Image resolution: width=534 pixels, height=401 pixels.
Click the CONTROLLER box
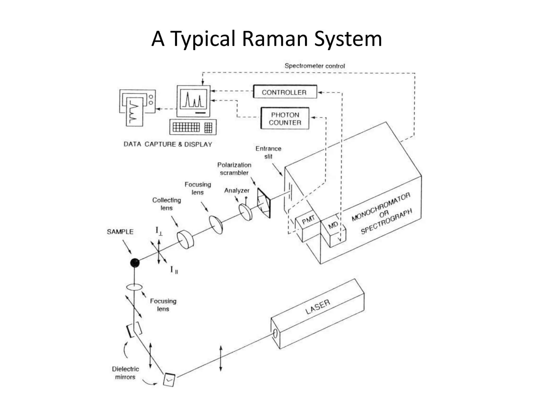[x=285, y=92]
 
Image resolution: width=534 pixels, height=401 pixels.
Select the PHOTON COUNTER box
[x=285, y=119]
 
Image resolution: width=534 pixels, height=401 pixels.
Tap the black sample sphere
[x=135, y=263]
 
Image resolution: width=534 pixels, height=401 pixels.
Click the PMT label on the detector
[x=308, y=220]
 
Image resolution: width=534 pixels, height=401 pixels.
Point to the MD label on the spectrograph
[x=333, y=225]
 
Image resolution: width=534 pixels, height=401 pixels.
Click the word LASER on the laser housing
[x=318, y=306]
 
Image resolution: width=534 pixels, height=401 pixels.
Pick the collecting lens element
[x=185, y=239]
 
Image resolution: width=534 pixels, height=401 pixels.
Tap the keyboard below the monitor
[x=193, y=127]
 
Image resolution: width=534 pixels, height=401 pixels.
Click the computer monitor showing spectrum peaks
[x=193, y=101]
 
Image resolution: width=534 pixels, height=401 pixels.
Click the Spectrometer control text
[x=314, y=66]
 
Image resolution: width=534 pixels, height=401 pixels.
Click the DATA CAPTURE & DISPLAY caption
[x=168, y=144]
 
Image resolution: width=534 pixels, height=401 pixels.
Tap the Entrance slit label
[x=268, y=152]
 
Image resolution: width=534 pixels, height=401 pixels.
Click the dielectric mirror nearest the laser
[x=169, y=380]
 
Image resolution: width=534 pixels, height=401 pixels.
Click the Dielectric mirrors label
[x=125, y=373]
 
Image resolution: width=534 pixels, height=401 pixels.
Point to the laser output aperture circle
[x=275, y=334]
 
